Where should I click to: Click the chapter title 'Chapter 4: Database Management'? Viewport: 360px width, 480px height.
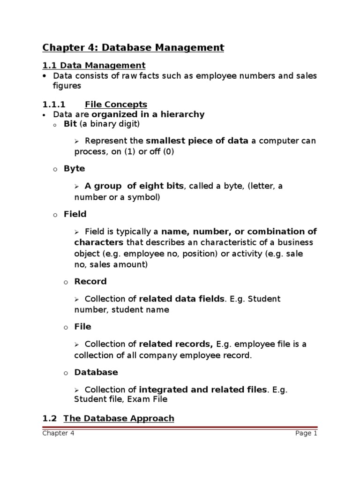133,47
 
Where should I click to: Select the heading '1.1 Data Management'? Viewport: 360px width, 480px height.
94,65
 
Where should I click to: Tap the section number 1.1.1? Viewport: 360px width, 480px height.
54,104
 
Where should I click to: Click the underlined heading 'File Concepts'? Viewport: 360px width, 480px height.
116,104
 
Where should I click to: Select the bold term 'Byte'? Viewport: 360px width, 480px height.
75,168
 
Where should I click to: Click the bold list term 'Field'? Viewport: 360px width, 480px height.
75,214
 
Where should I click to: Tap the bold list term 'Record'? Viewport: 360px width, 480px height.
90,281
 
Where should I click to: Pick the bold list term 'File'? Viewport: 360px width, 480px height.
82,326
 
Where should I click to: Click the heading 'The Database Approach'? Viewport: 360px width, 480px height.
119,418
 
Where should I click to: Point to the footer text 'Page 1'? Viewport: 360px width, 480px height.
306,433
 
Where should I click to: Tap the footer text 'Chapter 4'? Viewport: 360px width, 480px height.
58,433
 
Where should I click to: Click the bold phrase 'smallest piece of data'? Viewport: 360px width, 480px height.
197,141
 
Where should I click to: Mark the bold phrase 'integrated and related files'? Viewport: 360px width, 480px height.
203,389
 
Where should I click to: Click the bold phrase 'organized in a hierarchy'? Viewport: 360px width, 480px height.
148,114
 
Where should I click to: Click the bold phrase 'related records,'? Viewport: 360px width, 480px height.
176,344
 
